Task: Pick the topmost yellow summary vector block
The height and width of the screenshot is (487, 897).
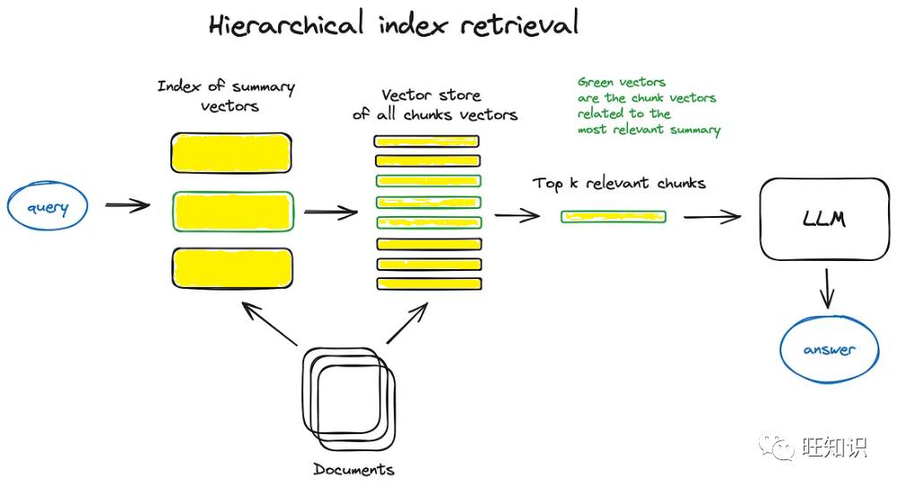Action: click(x=231, y=152)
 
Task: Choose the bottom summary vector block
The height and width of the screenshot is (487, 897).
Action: click(x=232, y=268)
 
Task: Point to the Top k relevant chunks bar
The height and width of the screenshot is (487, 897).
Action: click(x=614, y=217)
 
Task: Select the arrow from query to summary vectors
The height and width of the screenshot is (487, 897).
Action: click(x=127, y=204)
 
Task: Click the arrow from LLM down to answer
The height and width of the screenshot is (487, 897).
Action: click(x=827, y=289)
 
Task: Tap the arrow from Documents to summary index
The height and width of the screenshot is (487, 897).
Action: click(x=269, y=324)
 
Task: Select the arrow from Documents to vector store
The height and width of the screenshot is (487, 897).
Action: click(x=407, y=323)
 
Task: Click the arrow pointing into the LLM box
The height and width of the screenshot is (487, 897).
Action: click(x=713, y=217)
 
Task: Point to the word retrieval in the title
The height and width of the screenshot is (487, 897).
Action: click(x=518, y=24)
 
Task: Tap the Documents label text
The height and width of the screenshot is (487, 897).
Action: click(x=353, y=469)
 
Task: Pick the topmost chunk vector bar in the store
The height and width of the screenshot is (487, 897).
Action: click(x=427, y=141)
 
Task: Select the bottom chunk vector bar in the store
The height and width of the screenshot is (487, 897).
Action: click(x=429, y=283)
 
